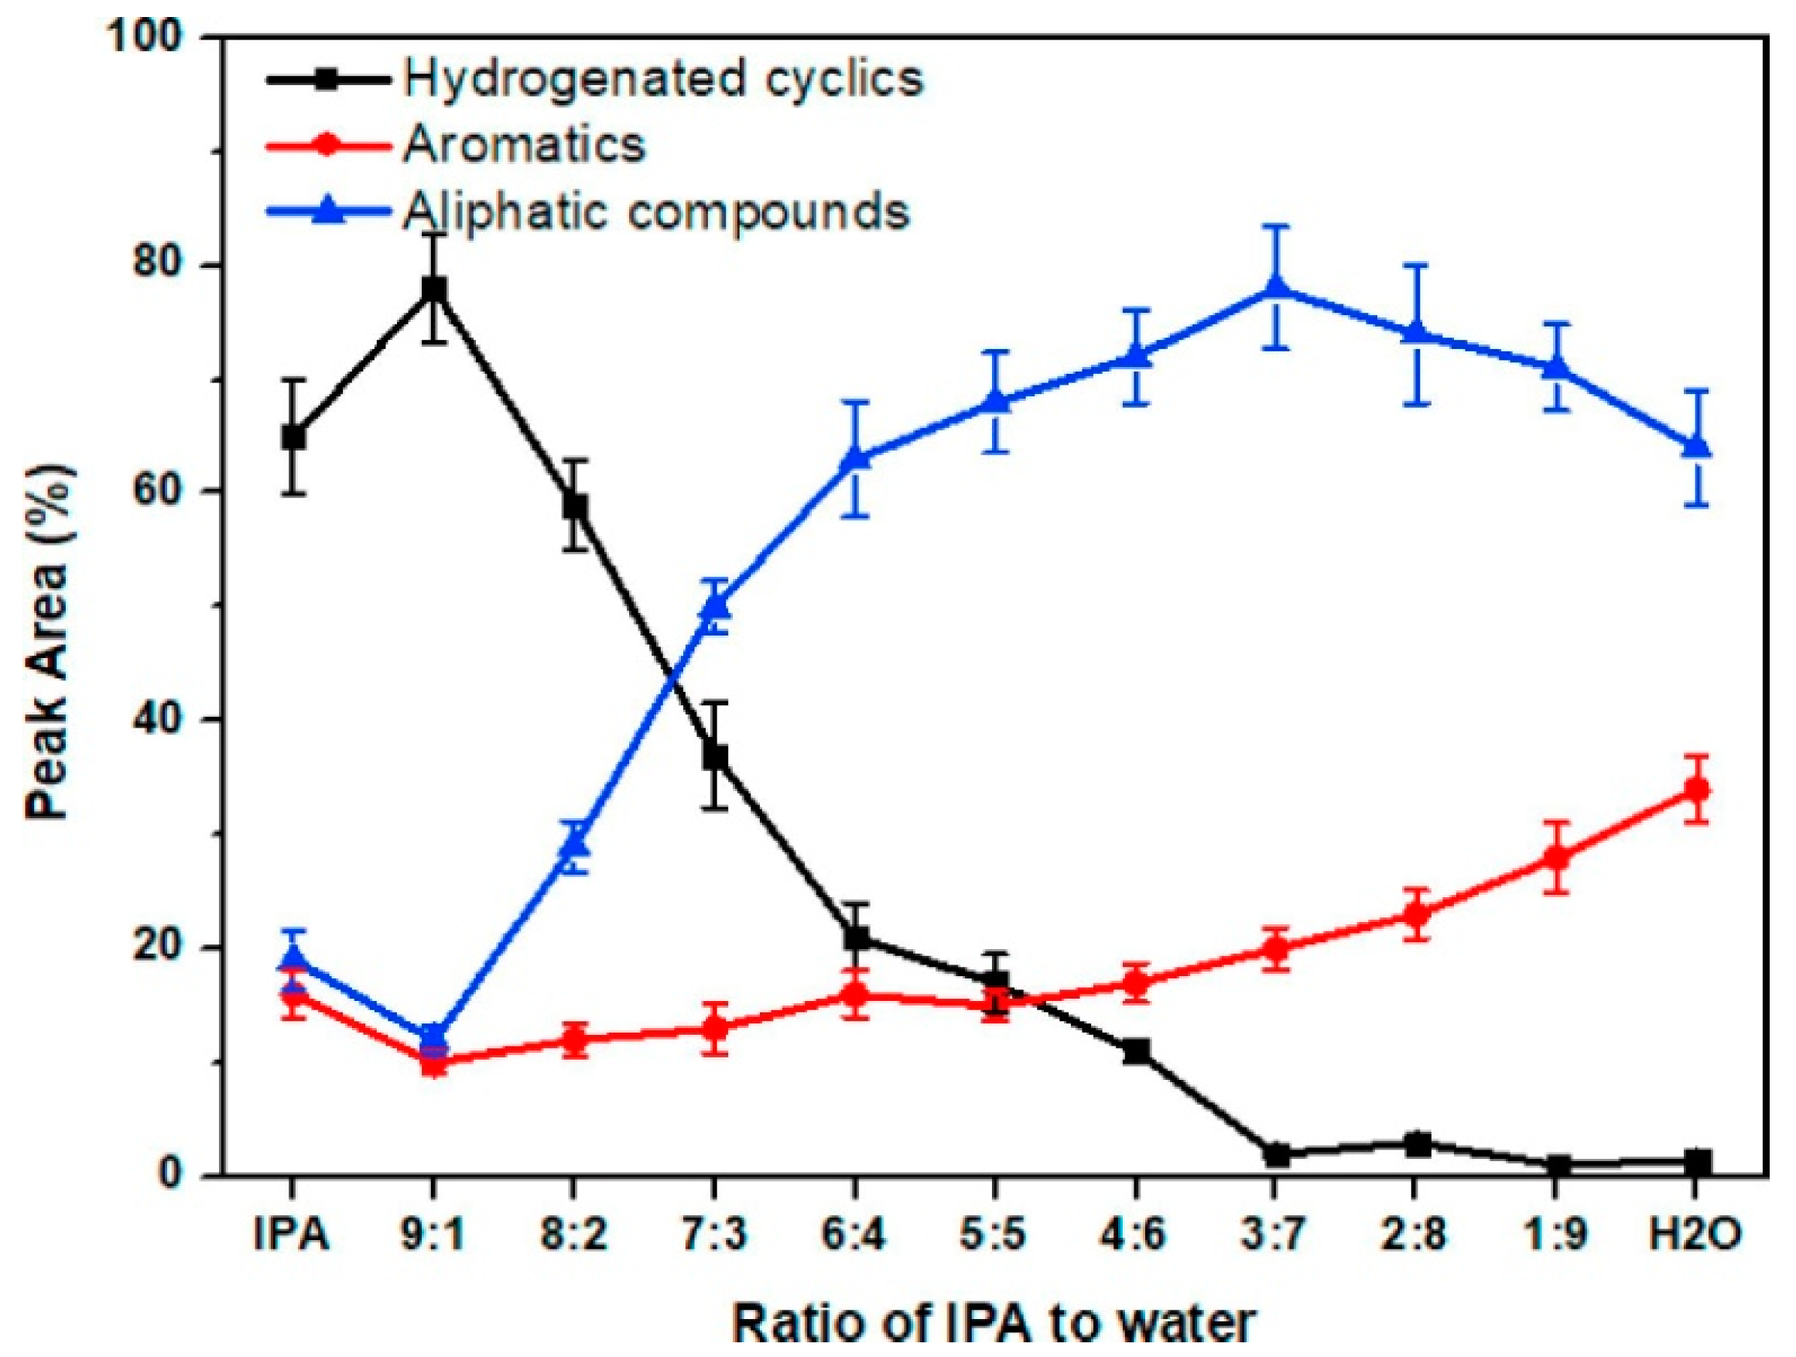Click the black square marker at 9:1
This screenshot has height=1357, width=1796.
433,288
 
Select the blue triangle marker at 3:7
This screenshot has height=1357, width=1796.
1275,288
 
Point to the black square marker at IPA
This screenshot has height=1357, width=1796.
293,437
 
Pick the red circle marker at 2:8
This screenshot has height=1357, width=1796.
1416,914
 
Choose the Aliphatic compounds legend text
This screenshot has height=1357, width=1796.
656,212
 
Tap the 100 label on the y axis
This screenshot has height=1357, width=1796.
146,38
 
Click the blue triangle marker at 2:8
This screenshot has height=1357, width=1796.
1416,333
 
